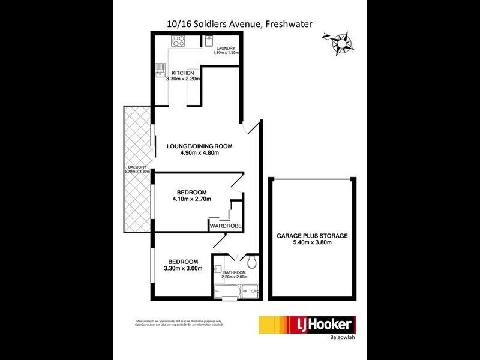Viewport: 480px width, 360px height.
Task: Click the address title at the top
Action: (x=240, y=23)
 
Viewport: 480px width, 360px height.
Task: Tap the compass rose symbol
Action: (x=341, y=42)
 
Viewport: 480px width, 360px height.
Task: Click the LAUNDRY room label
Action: (x=226, y=48)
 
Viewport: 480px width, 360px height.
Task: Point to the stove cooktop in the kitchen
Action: (x=179, y=41)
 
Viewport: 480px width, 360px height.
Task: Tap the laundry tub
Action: (x=209, y=41)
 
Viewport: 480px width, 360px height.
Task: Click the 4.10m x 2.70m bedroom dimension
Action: (x=191, y=199)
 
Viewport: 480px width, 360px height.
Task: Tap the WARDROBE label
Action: (x=225, y=226)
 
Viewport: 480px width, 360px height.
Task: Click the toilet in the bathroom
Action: (x=252, y=262)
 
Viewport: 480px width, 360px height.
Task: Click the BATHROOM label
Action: (x=234, y=272)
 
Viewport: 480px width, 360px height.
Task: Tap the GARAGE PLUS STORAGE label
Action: (x=312, y=236)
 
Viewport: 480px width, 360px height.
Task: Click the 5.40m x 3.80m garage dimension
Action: (x=312, y=244)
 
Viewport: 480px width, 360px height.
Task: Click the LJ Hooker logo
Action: (x=306, y=326)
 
